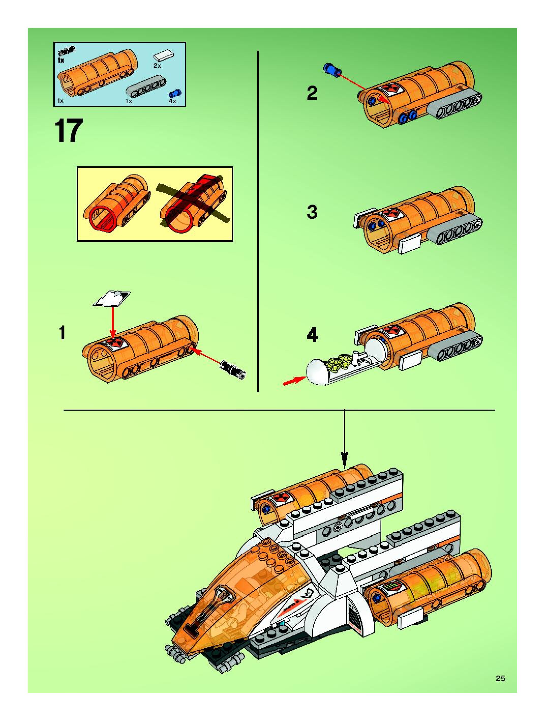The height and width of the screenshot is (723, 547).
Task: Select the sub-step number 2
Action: pyautogui.click(x=312, y=93)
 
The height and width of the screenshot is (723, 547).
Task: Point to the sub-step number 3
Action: pyautogui.click(x=312, y=212)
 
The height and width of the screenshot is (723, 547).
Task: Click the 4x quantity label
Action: pyautogui.click(x=172, y=101)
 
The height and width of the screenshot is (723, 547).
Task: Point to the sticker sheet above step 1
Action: pyautogui.click(x=112, y=298)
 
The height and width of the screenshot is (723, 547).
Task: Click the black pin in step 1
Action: pyautogui.click(x=233, y=369)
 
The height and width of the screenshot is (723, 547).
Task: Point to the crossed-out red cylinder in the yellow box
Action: pyautogui.click(x=193, y=203)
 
